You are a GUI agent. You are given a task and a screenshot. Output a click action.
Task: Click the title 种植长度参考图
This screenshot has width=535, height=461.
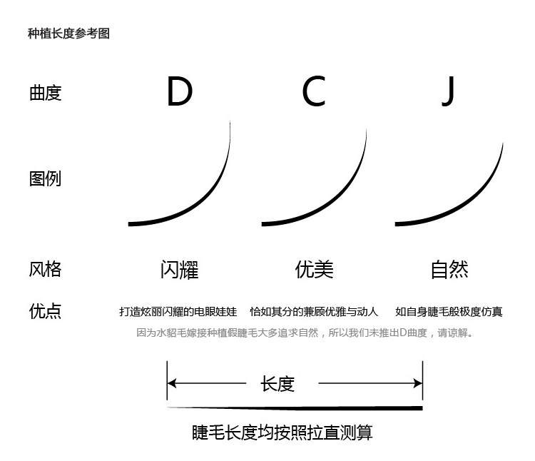(68, 34)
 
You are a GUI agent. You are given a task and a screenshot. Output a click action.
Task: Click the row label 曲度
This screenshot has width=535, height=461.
(46, 93)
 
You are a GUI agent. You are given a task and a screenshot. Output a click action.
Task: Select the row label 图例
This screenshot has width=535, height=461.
(46, 178)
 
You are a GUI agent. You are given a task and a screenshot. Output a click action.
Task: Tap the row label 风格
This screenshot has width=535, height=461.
(46, 269)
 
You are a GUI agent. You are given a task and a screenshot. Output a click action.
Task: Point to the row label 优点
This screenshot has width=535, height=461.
(46, 311)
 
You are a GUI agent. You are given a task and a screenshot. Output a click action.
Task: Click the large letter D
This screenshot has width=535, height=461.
(179, 91)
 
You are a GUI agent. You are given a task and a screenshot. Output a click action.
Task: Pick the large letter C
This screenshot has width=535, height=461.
(313, 91)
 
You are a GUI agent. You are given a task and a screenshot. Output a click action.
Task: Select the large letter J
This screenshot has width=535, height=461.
(447, 91)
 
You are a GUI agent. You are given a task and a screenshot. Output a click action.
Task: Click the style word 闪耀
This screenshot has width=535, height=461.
(179, 270)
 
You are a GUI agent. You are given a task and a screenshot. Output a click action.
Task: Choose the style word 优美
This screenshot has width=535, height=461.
(314, 270)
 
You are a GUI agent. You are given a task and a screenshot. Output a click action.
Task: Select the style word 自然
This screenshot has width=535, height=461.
(449, 270)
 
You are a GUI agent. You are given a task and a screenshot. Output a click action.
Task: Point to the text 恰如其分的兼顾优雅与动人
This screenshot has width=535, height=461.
(314, 312)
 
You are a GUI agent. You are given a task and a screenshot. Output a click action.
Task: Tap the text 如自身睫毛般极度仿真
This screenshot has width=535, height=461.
(449, 312)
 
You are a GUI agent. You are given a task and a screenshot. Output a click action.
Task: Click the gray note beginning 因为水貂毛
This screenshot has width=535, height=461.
(305, 333)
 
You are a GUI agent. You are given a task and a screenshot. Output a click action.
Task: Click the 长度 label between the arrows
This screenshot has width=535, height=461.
(278, 384)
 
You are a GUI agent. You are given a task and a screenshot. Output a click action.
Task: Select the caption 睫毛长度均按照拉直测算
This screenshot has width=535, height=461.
(282, 432)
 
